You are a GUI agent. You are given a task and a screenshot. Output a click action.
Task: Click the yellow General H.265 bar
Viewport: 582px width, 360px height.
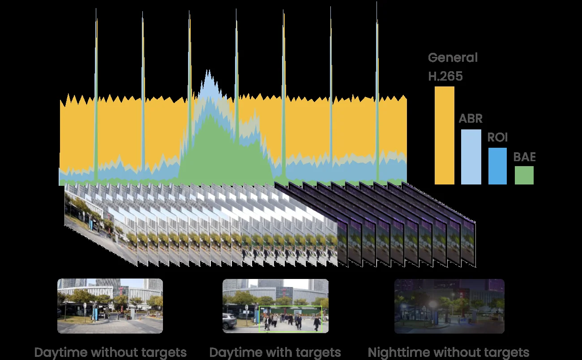[x=444, y=135]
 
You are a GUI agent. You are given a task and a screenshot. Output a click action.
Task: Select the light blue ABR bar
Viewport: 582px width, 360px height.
[x=471, y=157]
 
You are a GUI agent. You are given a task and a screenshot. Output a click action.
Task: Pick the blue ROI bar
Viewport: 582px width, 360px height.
[x=497, y=166]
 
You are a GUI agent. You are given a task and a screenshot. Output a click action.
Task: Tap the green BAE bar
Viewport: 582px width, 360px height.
[x=524, y=176]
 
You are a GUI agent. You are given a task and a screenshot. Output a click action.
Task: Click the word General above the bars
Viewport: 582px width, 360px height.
[x=453, y=57]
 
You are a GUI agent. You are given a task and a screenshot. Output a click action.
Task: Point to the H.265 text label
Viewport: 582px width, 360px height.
[x=445, y=76]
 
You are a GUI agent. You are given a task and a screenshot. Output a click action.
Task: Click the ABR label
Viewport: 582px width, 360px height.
[x=471, y=119]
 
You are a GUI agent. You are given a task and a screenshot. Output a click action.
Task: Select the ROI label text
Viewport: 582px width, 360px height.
[x=497, y=137]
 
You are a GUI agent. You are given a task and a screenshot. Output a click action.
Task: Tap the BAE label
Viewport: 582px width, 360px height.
[x=524, y=157]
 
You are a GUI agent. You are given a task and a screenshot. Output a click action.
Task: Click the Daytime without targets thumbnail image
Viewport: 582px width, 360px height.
[x=110, y=306]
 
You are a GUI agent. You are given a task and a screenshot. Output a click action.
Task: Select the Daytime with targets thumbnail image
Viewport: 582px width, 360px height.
[x=275, y=306]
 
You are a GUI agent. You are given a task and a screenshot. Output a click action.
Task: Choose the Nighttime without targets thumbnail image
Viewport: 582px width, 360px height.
[x=449, y=306]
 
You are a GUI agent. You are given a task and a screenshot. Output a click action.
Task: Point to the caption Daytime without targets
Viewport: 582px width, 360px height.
[x=111, y=353]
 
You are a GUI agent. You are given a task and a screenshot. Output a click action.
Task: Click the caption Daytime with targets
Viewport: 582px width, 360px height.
[x=275, y=353]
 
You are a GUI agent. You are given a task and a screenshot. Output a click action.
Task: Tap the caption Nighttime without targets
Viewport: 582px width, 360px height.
[x=449, y=353]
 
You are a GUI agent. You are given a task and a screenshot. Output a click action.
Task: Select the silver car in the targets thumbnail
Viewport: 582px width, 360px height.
[x=229, y=321]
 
